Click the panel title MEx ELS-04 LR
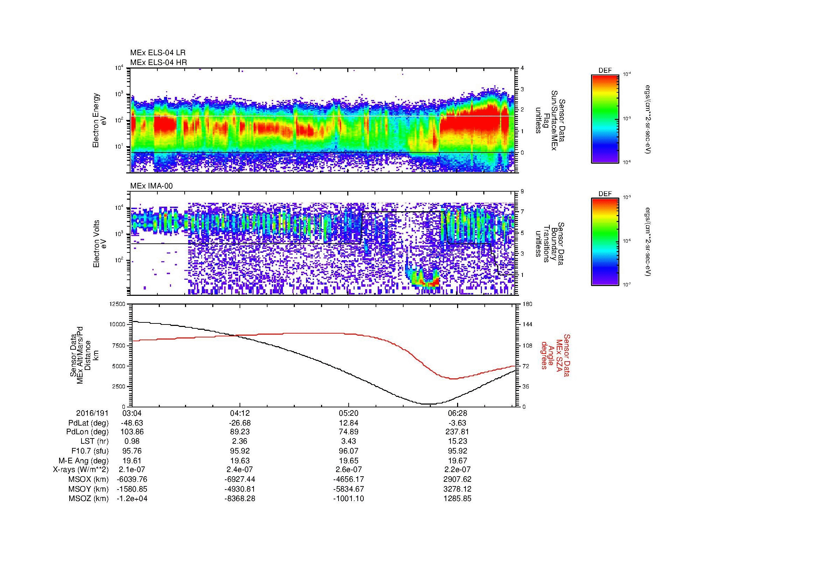pos(158,53)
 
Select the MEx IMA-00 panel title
pos(151,186)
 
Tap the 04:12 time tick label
pos(240,413)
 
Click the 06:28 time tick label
pos(457,413)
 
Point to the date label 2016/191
pos(92,413)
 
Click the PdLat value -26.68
pos(240,423)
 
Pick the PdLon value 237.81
pos(457,432)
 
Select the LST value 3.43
pos(348,442)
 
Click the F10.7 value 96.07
pos(348,451)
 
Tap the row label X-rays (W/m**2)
pos(81,470)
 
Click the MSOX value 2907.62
pos(457,479)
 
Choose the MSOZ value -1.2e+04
pos(132,499)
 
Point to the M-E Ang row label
pos(84,461)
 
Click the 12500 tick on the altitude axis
pos(118,304)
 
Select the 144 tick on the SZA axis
pos(527,324)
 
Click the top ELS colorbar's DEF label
pos(605,71)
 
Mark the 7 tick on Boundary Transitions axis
pos(522,212)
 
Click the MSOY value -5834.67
pos(348,489)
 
